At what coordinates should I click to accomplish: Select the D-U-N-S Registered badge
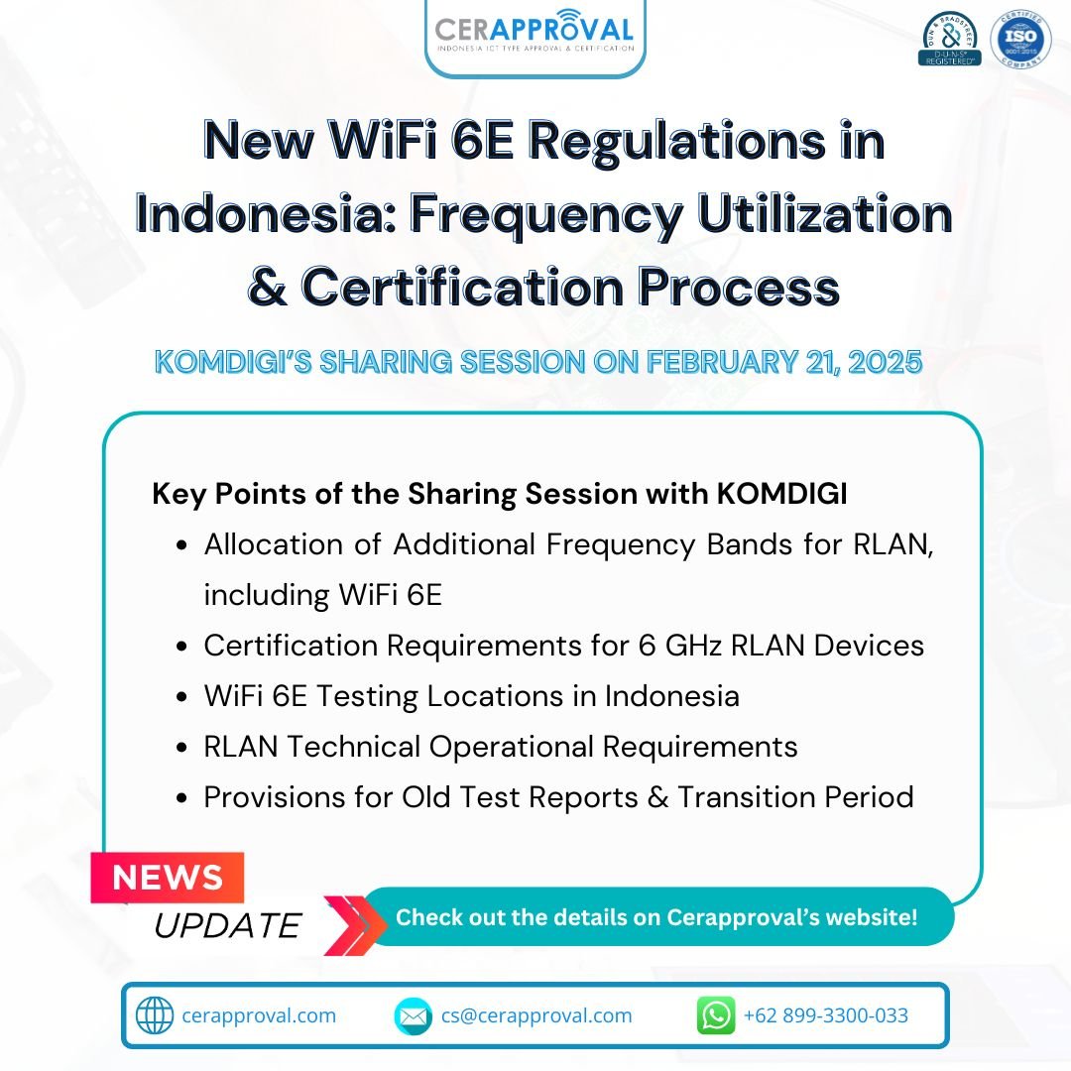(x=949, y=40)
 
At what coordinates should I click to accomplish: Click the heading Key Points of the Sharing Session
(x=499, y=494)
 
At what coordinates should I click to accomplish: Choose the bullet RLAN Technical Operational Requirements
(x=500, y=746)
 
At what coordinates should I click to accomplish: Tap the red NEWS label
(x=168, y=878)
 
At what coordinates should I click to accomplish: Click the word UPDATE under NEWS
(x=226, y=925)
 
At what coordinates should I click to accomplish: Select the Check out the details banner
(x=656, y=916)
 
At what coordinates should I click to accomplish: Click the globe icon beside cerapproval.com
(x=154, y=1015)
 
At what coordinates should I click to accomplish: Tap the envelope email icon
(x=413, y=1015)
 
